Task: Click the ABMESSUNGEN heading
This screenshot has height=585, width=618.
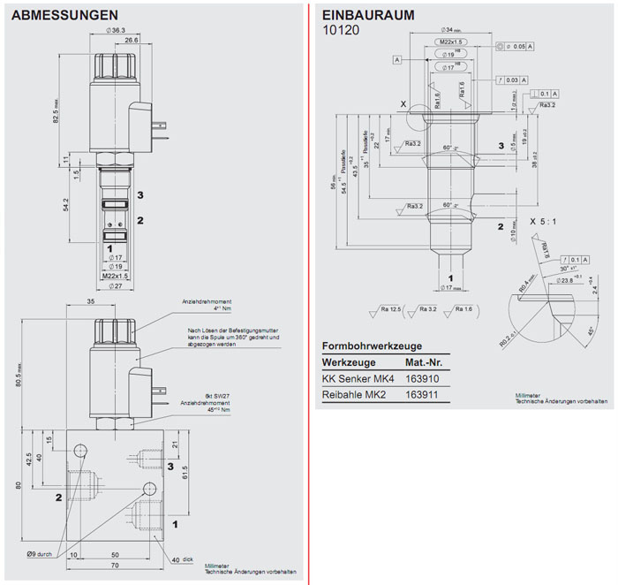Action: [65, 15]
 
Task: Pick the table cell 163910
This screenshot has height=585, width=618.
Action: [422, 378]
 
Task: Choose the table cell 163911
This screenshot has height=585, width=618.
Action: [422, 394]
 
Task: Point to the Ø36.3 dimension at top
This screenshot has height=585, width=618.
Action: [117, 30]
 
